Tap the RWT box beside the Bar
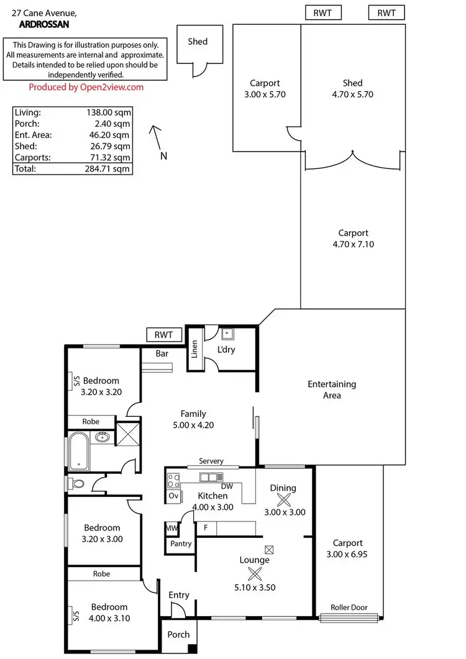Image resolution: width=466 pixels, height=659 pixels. tap(164, 335)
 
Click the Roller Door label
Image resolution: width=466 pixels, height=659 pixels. tap(349, 608)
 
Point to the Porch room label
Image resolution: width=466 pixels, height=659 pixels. tap(179, 635)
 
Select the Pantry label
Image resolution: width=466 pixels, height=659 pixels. tap(181, 543)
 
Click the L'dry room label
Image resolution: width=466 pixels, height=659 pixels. tap(226, 350)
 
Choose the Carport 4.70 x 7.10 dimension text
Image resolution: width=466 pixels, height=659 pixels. tap(353, 244)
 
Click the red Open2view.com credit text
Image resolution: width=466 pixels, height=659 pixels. tap(86, 87)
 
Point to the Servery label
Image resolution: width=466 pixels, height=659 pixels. tap(210, 461)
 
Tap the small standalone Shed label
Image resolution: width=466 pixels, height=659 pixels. tap(198, 42)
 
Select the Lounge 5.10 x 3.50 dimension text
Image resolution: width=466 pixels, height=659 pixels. tap(255, 587)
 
